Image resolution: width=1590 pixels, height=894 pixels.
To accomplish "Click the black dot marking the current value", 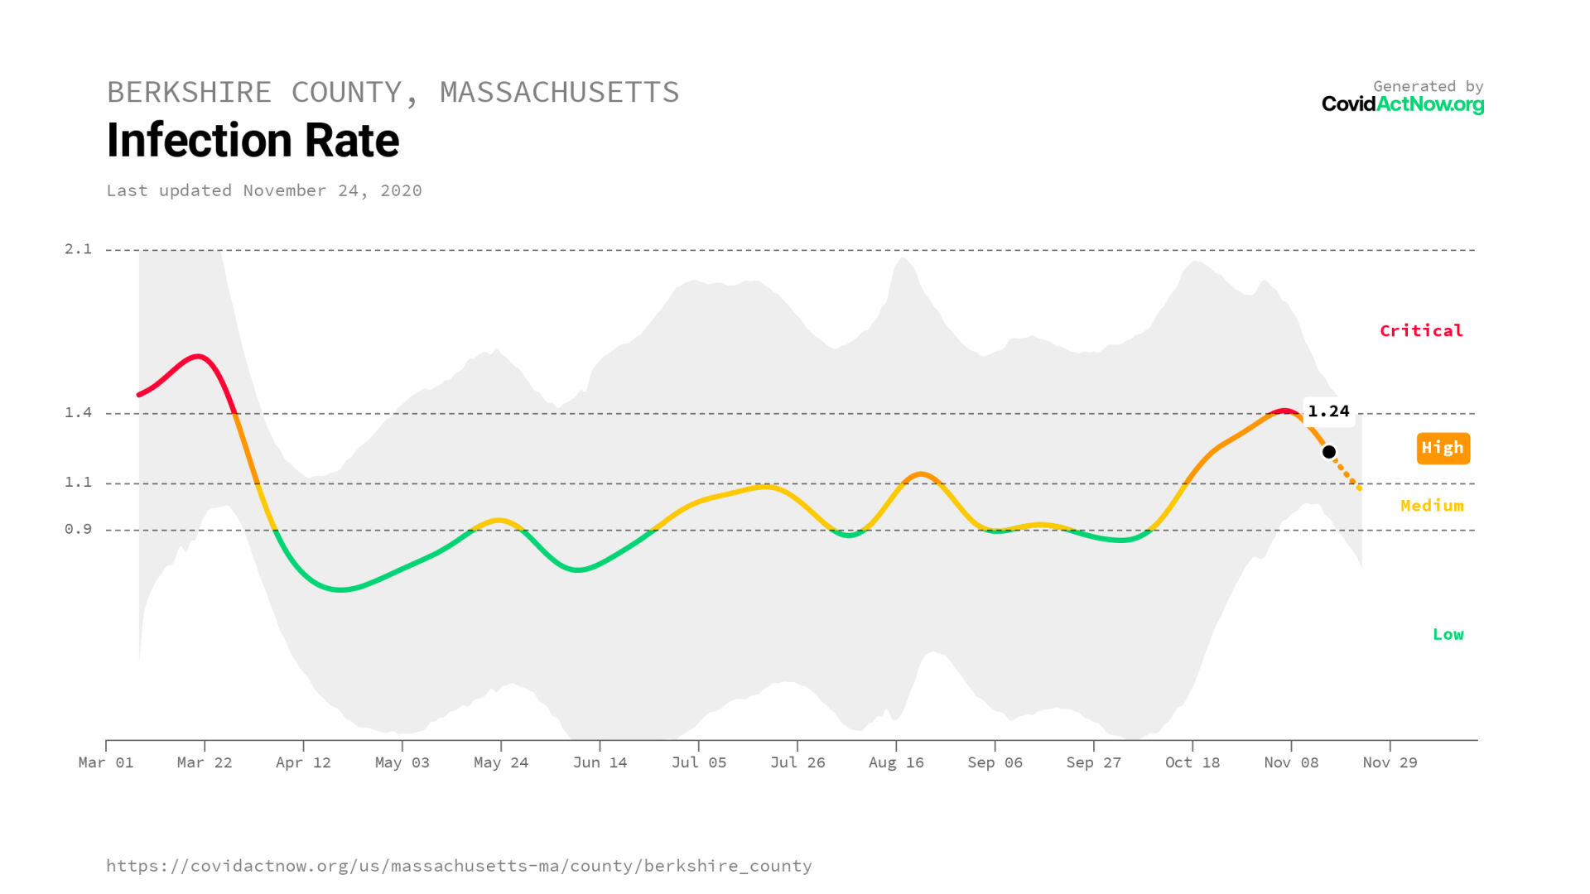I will (x=1328, y=452).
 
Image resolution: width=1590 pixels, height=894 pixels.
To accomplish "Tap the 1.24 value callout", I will (x=1328, y=411).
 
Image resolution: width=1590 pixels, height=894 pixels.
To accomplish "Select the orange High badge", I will (x=1443, y=448).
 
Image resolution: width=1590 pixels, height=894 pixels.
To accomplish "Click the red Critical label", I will (x=1421, y=331).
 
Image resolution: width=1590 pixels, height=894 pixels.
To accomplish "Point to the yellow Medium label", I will (x=1432, y=506).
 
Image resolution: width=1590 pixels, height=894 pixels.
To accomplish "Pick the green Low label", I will (x=1448, y=635).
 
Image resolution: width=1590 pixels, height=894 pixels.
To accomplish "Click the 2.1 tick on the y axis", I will (x=79, y=249).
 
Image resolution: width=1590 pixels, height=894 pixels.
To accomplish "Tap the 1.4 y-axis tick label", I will (x=79, y=412).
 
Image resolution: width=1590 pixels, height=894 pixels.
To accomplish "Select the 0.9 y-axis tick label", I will (x=79, y=529).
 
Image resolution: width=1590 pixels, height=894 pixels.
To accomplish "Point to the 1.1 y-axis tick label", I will (x=79, y=483).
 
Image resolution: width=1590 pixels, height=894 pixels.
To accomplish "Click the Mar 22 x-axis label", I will (x=205, y=762).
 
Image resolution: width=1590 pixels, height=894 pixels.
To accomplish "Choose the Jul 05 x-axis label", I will (x=698, y=762).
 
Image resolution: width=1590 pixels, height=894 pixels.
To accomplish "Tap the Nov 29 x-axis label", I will (x=1390, y=762).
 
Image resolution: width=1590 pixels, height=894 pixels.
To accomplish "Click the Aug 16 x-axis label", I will (x=896, y=762).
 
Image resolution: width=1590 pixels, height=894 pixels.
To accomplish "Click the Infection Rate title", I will (x=253, y=140).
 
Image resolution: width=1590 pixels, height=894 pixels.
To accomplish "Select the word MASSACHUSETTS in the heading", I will (x=559, y=92).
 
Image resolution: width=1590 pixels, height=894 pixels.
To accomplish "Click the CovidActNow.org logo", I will (x=1402, y=104).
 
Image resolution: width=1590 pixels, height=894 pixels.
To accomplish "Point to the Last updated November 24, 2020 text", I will (x=264, y=190).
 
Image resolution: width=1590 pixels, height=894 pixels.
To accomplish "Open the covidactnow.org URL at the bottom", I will (x=459, y=866).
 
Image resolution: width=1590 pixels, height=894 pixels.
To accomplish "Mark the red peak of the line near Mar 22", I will (x=199, y=357).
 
